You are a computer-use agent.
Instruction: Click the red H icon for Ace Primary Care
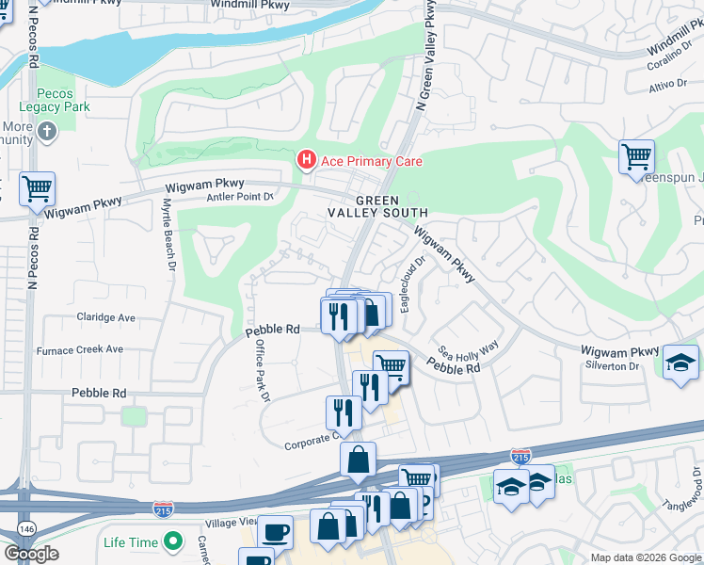(307, 161)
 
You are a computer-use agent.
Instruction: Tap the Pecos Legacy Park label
(63, 100)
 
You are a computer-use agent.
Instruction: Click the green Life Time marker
(172, 541)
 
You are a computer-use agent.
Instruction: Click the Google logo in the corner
(31, 554)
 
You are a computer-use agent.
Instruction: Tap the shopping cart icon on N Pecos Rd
(37, 189)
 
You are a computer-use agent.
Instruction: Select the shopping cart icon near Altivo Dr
(637, 156)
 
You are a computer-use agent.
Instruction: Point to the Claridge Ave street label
(106, 317)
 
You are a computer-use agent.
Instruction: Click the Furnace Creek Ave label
(80, 349)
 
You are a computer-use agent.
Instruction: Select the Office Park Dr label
(258, 371)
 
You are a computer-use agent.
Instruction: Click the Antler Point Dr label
(239, 197)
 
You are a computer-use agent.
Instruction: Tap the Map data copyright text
(646, 557)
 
